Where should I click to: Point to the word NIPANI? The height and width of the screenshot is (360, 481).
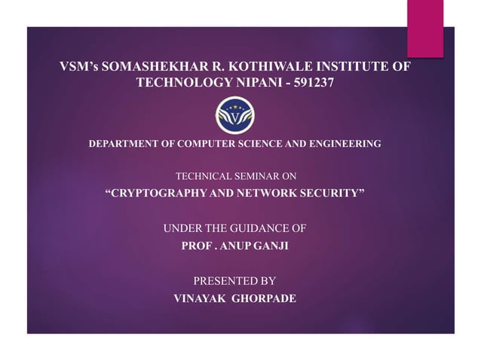pos(256,84)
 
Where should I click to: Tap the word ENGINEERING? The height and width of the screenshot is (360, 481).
pos(343,143)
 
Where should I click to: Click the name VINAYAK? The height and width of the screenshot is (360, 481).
pos(198,298)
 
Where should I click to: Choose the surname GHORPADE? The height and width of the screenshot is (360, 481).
pos(263,298)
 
